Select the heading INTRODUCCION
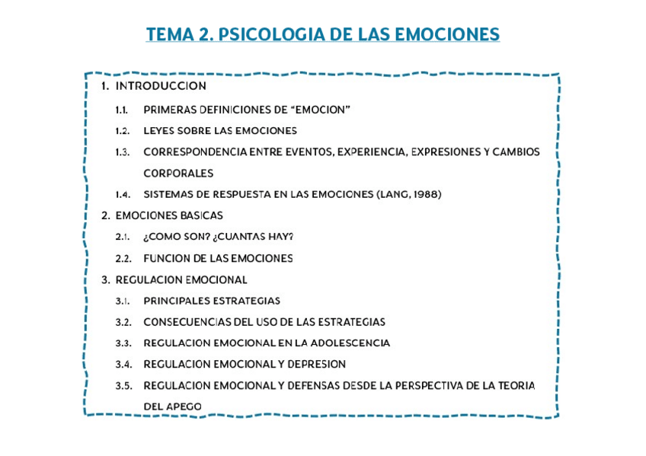[x=161, y=86]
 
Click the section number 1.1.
[x=122, y=110]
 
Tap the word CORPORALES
[x=178, y=174]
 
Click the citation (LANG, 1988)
[x=409, y=194]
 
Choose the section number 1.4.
[x=122, y=194]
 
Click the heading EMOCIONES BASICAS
[x=169, y=215]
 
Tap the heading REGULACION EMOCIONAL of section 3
[x=181, y=279]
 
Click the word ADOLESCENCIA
[x=353, y=343]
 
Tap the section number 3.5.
[x=123, y=386]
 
